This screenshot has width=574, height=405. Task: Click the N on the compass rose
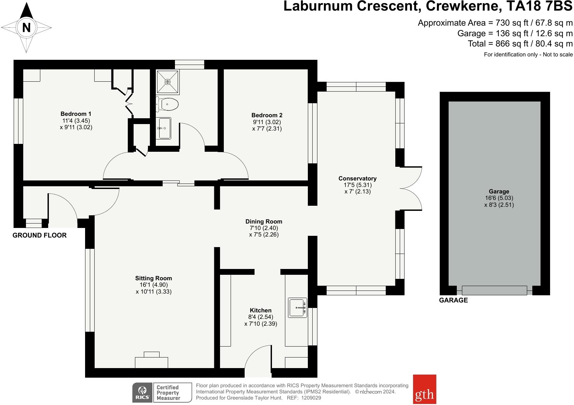tap(26, 27)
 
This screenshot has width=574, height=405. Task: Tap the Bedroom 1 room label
tap(76, 114)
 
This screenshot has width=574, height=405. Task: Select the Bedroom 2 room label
tap(267, 115)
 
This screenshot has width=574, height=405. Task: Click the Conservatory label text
tap(357, 178)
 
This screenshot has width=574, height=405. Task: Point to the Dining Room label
tap(264, 221)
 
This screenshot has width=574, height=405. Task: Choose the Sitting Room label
tap(153, 278)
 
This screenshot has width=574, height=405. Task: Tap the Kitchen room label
tap(261, 310)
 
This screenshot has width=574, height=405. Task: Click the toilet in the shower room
tap(167, 104)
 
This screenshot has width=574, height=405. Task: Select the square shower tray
tap(167, 82)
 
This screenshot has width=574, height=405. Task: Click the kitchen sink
tap(298, 308)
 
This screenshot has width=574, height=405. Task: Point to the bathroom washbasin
tap(163, 128)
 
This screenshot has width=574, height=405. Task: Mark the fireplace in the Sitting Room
tap(151, 360)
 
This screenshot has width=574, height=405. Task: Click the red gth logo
tap(424, 389)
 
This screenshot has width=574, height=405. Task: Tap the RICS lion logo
tap(142, 392)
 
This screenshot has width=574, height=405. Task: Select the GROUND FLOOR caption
tap(40, 235)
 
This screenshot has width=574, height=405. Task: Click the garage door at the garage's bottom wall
tap(494, 291)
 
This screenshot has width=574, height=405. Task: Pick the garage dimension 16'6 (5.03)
tap(499, 198)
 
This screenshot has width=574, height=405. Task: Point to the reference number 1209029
tap(311, 398)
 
